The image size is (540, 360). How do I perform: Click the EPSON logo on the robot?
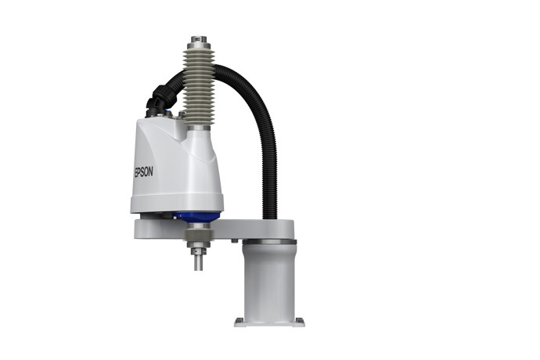(x=143, y=171)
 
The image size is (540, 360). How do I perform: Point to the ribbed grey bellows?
(x=199, y=86)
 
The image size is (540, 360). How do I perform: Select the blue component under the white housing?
(x=197, y=217)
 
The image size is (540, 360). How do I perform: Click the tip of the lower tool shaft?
(x=198, y=269)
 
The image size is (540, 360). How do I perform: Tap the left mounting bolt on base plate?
(x=239, y=320)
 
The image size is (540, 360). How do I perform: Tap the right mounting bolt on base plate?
(x=300, y=320)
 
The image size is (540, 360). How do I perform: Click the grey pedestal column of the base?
(x=269, y=279)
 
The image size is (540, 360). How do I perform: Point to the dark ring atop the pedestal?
(x=269, y=242)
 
